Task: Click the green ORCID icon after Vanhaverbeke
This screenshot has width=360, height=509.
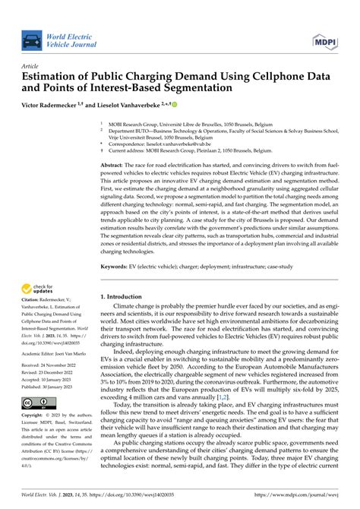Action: pos(173,103)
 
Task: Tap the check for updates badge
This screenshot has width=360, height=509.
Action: pos(37,289)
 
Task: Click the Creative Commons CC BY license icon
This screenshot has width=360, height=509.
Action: pos(38,402)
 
